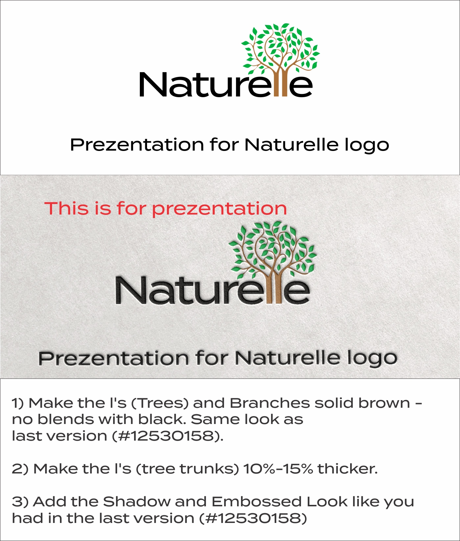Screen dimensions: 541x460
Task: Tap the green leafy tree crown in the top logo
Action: pos(280,45)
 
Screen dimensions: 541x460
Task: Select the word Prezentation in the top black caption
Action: pos(137,145)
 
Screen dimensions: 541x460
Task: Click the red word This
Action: pos(66,208)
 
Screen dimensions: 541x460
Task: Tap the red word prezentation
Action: pos(219,209)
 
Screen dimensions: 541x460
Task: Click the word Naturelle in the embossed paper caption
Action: pos(288,358)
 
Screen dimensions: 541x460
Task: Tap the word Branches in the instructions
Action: pos(270,403)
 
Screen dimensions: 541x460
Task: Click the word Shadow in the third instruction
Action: pos(137,502)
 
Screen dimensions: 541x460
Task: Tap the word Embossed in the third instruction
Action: pos(256,502)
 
